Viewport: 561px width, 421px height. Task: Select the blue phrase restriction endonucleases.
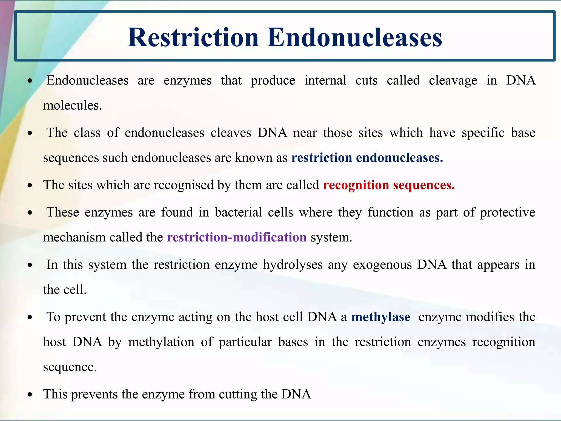367,158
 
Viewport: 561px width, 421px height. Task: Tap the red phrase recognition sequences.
389,185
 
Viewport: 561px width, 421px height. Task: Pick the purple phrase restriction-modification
237,237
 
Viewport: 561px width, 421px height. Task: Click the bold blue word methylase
381,317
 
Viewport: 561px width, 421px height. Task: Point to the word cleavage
453,81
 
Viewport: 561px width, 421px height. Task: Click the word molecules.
72,105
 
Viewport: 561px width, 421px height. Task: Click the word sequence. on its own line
70,367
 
